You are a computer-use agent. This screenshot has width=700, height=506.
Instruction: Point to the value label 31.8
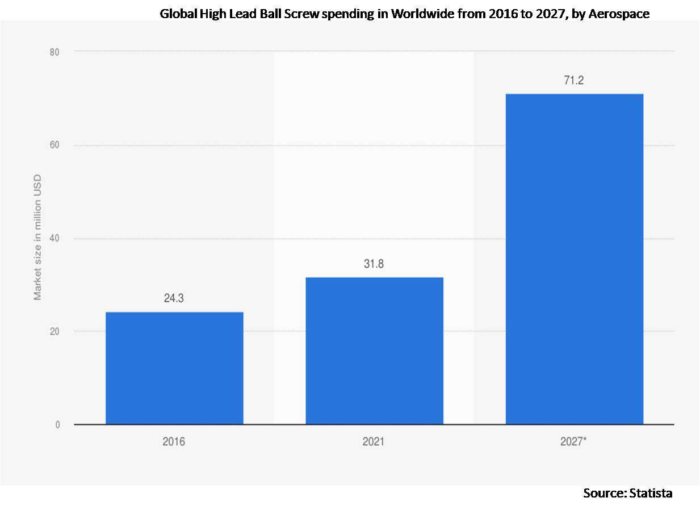[374, 264]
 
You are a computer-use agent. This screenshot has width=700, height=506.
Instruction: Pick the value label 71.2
[574, 81]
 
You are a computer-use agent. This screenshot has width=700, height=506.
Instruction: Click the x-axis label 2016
[174, 441]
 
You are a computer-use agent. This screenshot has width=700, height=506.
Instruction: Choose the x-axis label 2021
[374, 441]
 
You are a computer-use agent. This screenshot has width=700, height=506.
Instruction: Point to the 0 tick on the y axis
[58, 425]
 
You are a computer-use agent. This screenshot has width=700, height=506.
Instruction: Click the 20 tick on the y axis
[56, 332]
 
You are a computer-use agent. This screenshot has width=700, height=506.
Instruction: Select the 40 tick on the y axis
[56, 239]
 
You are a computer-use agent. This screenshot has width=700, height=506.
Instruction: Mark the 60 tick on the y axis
[56, 145]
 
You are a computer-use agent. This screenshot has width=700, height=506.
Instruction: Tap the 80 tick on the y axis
[56, 52]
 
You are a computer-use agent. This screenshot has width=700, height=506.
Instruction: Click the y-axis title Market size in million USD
[38, 239]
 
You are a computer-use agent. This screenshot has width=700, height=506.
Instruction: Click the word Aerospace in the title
[622, 14]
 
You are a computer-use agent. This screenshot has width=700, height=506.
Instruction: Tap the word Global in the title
[177, 14]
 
